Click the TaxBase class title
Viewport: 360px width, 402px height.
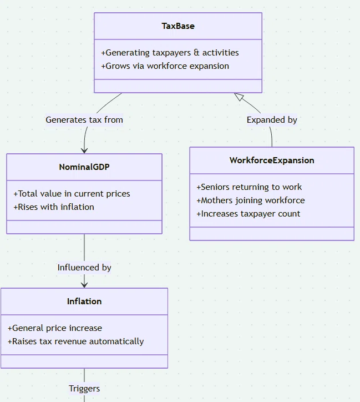pos(178,26)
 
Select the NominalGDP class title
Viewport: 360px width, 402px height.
pos(84,167)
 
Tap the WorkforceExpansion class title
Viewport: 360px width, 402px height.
pos(272,160)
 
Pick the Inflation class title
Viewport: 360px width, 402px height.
pos(84,301)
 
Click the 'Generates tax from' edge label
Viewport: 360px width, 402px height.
pos(84,120)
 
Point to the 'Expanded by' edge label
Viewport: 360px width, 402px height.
pos(272,120)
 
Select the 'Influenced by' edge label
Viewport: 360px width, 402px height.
pos(84,268)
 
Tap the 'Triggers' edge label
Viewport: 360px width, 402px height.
pos(84,389)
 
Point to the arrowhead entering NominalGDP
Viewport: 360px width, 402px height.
pos(84,151)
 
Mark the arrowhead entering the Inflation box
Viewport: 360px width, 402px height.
pos(84,285)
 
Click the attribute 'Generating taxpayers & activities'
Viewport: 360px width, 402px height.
pos(170,53)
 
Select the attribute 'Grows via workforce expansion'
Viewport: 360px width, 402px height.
pos(165,66)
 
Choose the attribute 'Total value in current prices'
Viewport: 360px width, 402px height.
pos(72,194)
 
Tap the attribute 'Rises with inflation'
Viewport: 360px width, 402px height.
pos(54,207)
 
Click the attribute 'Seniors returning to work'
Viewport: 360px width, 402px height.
pos(249,187)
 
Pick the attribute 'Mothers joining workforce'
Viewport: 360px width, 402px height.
pos(251,200)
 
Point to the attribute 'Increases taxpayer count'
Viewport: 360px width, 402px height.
pos(249,214)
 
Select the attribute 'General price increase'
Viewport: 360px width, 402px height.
pos(55,328)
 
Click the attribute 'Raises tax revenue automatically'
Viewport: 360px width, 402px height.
pos(76,341)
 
